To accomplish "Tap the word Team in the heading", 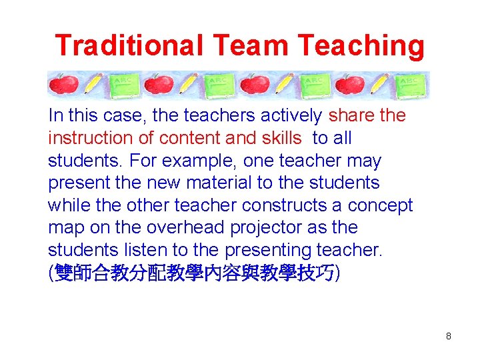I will point(251,45).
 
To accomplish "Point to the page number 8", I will point(449,337).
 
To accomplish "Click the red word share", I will point(351,116).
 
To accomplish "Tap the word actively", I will point(291,116).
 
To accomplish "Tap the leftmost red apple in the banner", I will point(64,85).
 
